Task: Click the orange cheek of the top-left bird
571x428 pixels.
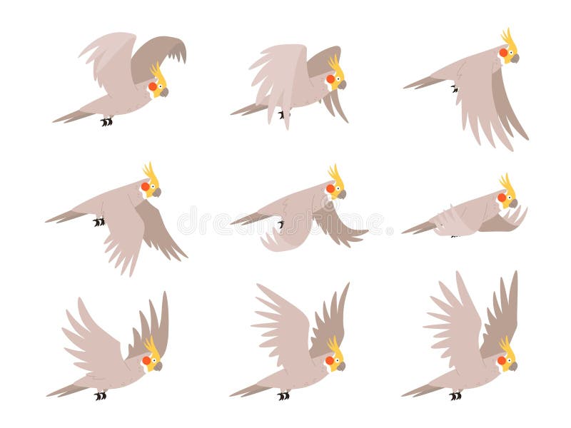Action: click(x=152, y=86)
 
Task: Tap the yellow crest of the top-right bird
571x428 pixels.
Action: click(x=508, y=36)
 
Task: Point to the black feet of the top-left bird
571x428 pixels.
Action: click(x=106, y=121)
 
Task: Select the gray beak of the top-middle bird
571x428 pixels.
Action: click(x=342, y=84)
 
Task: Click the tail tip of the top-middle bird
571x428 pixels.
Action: click(x=233, y=113)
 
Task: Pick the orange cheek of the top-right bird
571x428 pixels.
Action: click(x=502, y=53)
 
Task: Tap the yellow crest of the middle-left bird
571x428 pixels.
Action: click(x=150, y=172)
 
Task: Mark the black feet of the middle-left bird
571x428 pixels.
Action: click(x=98, y=222)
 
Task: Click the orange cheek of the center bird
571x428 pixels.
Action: click(x=330, y=188)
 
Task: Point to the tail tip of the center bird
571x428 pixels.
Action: click(x=233, y=223)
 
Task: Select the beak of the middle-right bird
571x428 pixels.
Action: click(x=515, y=202)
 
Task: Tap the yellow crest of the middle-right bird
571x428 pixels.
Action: click(x=507, y=183)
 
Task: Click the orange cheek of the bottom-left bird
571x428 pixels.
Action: click(x=146, y=360)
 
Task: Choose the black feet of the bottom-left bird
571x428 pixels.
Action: click(x=101, y=395)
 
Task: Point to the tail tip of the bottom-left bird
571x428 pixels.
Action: click(x=49, y=394)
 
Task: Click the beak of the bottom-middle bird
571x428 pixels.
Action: click(x=340, y=366)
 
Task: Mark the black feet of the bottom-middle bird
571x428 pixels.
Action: click(x=283, y=395)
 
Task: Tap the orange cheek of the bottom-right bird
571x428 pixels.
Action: click(x=502, y=360)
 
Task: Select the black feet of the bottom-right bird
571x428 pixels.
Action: click(x=455, y=395)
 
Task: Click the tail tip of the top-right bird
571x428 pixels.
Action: click(x=405, y=88)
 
